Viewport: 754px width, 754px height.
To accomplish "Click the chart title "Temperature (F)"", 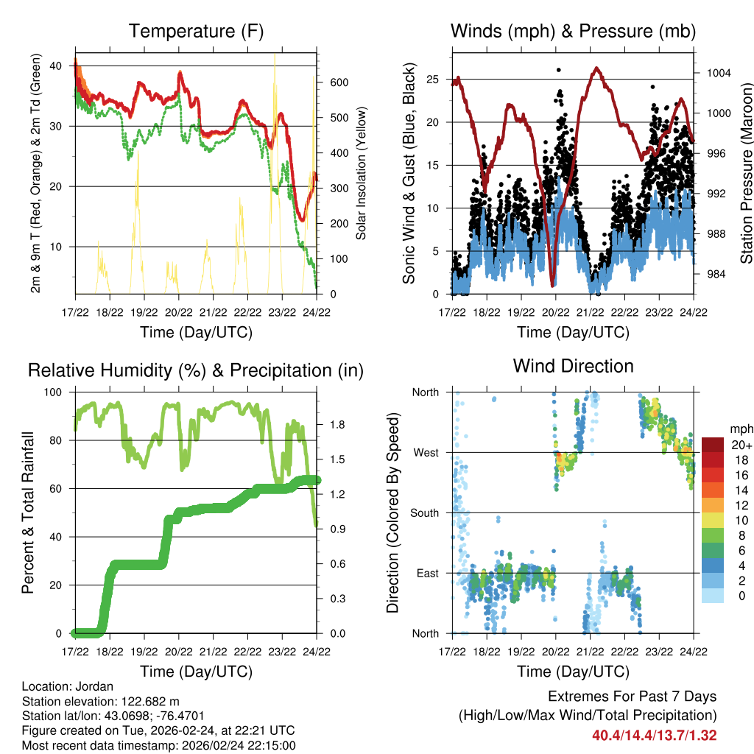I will pos(196,31).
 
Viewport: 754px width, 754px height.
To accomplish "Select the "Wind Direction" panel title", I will pos(573,366).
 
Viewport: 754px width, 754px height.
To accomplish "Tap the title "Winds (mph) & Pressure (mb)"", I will pos(573,31).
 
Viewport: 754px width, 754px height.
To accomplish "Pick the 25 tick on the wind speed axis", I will pos(434,79).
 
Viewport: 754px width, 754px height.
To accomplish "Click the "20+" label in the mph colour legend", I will pos(741,445).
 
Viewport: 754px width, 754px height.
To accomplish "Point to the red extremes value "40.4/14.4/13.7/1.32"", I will pos(654,735).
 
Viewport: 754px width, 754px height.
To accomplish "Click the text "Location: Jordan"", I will pos(68,687).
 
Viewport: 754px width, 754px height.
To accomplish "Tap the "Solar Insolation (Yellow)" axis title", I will pos(362,174).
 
